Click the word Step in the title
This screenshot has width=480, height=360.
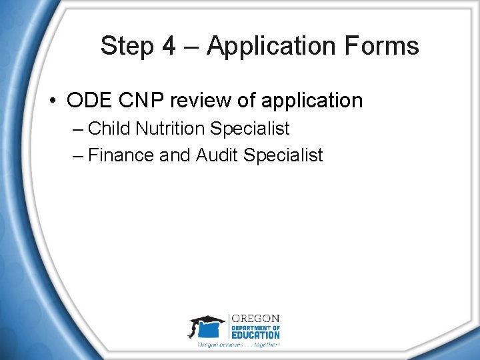127,47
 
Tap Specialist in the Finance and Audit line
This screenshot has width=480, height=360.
283,156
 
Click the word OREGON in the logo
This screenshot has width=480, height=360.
255,318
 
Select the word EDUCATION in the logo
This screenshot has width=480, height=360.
255,335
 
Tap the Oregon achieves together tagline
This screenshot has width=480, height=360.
238,345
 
